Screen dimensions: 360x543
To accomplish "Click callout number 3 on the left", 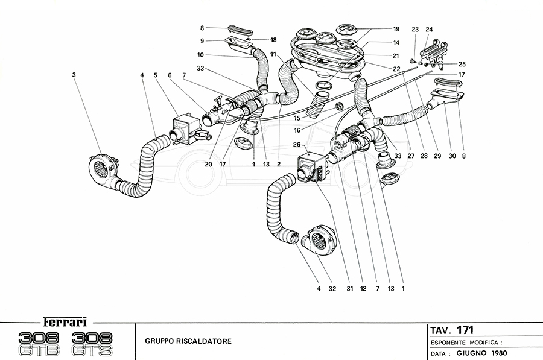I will click(x=73, y=75).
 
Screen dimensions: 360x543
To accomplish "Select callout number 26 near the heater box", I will click(x=296, y=145).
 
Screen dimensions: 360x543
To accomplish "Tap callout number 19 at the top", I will click(x=396, y=29).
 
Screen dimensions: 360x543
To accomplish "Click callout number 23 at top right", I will click(x=415, y=30).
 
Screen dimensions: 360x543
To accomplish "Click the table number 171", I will click(x=465, y=330).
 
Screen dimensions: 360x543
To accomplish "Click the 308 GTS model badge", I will click(x=96, y=343).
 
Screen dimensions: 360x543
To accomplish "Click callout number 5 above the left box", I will click(x=155, y=75).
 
